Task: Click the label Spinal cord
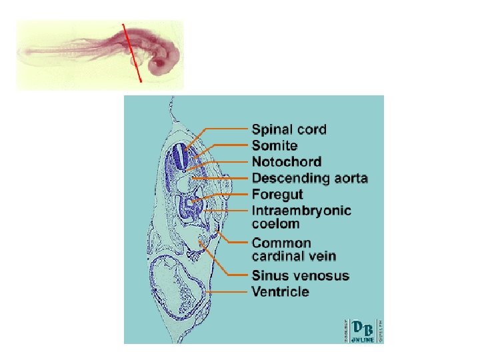pos(289,129)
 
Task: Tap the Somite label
pos(275,145)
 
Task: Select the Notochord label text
pos(287,161)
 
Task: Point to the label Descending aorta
pos(310,178)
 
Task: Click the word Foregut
pos(277,194)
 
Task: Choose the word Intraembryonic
pos(301,211)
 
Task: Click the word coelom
pos(275,224)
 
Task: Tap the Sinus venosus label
pos(300,275)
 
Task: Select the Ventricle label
pos(280,291)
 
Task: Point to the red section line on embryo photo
pos(132,53)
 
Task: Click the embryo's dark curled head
pos(162,65)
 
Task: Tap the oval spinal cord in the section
pos(179,157)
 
